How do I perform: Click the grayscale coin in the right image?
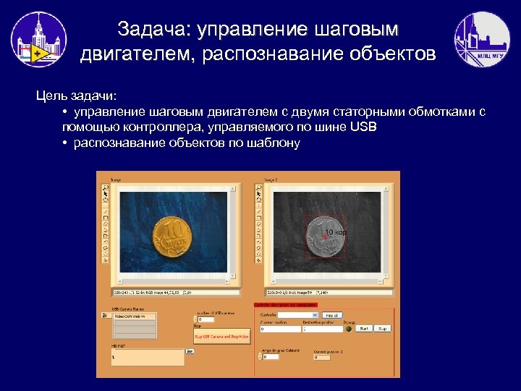tap(324, 238)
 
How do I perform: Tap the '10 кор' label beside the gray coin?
tap(335, 232)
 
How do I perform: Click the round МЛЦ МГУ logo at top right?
tap(481, 40)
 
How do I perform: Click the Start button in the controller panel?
tap(365, 329)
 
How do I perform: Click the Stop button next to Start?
tap(383, 329)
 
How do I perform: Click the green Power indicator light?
tap(349, 329)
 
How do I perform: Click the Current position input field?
tap(279, 329)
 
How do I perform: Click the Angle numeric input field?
tap(271, 356)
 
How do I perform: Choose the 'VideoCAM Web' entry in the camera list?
tap(135, 316)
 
